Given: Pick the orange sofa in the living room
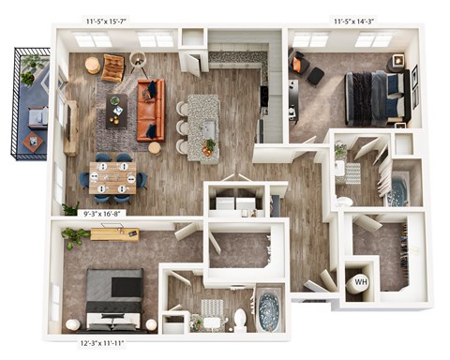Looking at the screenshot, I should (x=150, y=109).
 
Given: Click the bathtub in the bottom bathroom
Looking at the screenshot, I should (x=269, y=307).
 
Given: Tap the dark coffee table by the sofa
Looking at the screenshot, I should (x=117, y=109).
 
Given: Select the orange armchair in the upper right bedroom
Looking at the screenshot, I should (x=299, y=65).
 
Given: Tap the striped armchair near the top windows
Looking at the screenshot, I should (x=113, y=67).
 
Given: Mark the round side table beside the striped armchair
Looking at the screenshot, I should (x=92, y=65).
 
